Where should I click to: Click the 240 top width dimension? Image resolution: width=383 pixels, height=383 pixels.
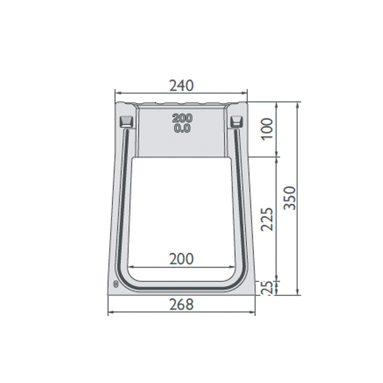(182, 85)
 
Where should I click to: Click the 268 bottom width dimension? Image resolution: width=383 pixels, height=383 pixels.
(182, 304)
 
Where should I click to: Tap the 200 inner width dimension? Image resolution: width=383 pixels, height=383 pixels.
(182, 259)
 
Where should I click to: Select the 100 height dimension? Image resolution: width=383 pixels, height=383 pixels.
(267, 129)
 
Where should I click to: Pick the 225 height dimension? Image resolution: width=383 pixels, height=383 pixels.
(267, 219)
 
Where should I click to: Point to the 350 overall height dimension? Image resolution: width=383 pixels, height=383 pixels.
(290, 198)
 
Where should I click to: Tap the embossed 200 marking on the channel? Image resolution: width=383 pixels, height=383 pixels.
(182, 118)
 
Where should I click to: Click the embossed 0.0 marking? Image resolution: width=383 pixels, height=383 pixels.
(182, 129)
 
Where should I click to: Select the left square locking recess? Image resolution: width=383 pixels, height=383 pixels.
(126, 121)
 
